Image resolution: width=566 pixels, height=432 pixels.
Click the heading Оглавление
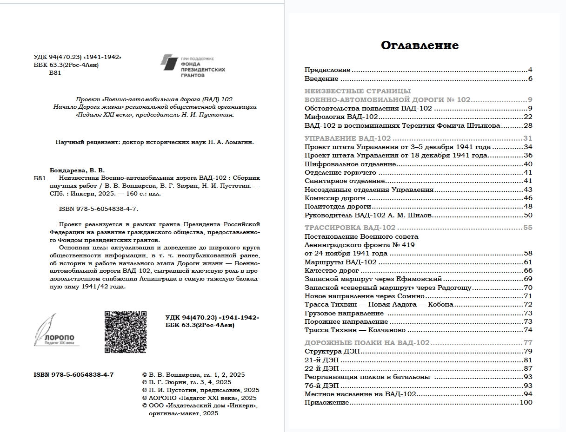coord(420,45)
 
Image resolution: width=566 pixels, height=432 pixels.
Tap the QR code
coord(125,332)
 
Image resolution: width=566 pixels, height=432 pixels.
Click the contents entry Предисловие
coord(327,70)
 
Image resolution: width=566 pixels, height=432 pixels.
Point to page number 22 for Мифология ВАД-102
coord(527,117)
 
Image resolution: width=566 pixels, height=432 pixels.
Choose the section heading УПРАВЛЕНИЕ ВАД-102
coord(347,138)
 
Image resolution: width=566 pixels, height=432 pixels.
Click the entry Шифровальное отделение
coord(350,164)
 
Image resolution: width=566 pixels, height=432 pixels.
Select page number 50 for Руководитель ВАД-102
coord(527,215)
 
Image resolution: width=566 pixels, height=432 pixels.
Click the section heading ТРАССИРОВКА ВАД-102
coord(350,228)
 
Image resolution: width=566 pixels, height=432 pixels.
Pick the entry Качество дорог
coord(332,270)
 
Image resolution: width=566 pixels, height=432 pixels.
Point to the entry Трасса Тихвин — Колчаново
coord(355,330)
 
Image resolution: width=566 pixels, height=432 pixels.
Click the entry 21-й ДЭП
coord(321,360)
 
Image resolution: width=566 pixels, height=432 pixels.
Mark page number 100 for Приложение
coord(526,403)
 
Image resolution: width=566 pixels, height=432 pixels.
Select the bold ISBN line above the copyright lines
coord(73,375)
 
